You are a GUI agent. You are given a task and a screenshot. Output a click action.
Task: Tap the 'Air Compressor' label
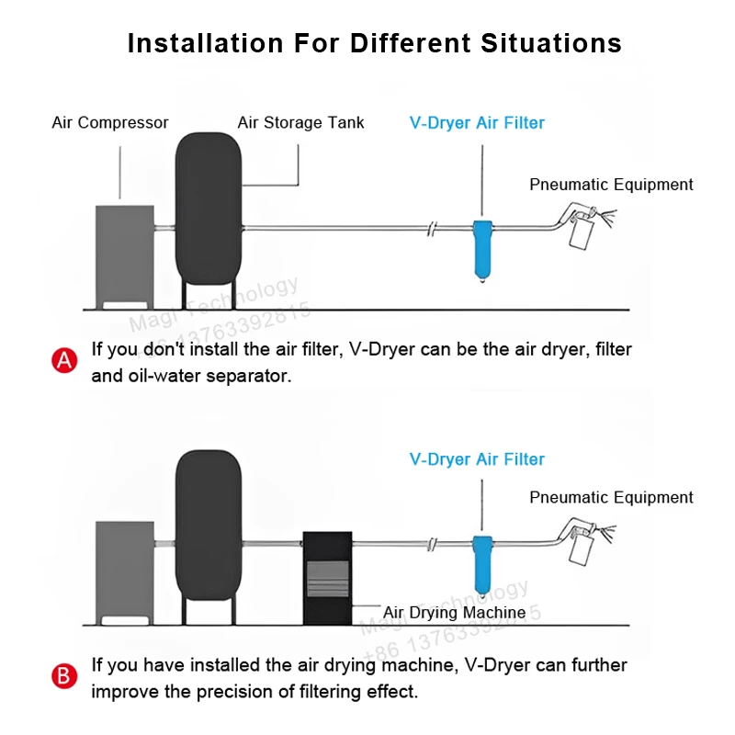click(x=110, y=122)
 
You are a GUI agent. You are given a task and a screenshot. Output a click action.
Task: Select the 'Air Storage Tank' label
click(x=300, y=122)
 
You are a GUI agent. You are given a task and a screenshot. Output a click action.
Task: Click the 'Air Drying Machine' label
click(x=454, y=613)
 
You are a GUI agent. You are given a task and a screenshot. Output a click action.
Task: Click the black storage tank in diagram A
click(x=208, y=209)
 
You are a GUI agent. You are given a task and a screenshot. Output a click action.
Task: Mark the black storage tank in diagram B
click(x=208, y=524)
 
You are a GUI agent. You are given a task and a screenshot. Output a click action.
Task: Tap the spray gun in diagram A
click(x=581, y=229)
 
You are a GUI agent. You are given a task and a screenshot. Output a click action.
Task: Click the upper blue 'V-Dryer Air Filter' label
click(x=477, y=122)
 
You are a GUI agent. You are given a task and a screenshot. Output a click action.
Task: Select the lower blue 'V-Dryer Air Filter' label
click(x=477, y=459)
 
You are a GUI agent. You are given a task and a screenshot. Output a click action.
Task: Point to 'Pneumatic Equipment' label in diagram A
click(x=611, y=185)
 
